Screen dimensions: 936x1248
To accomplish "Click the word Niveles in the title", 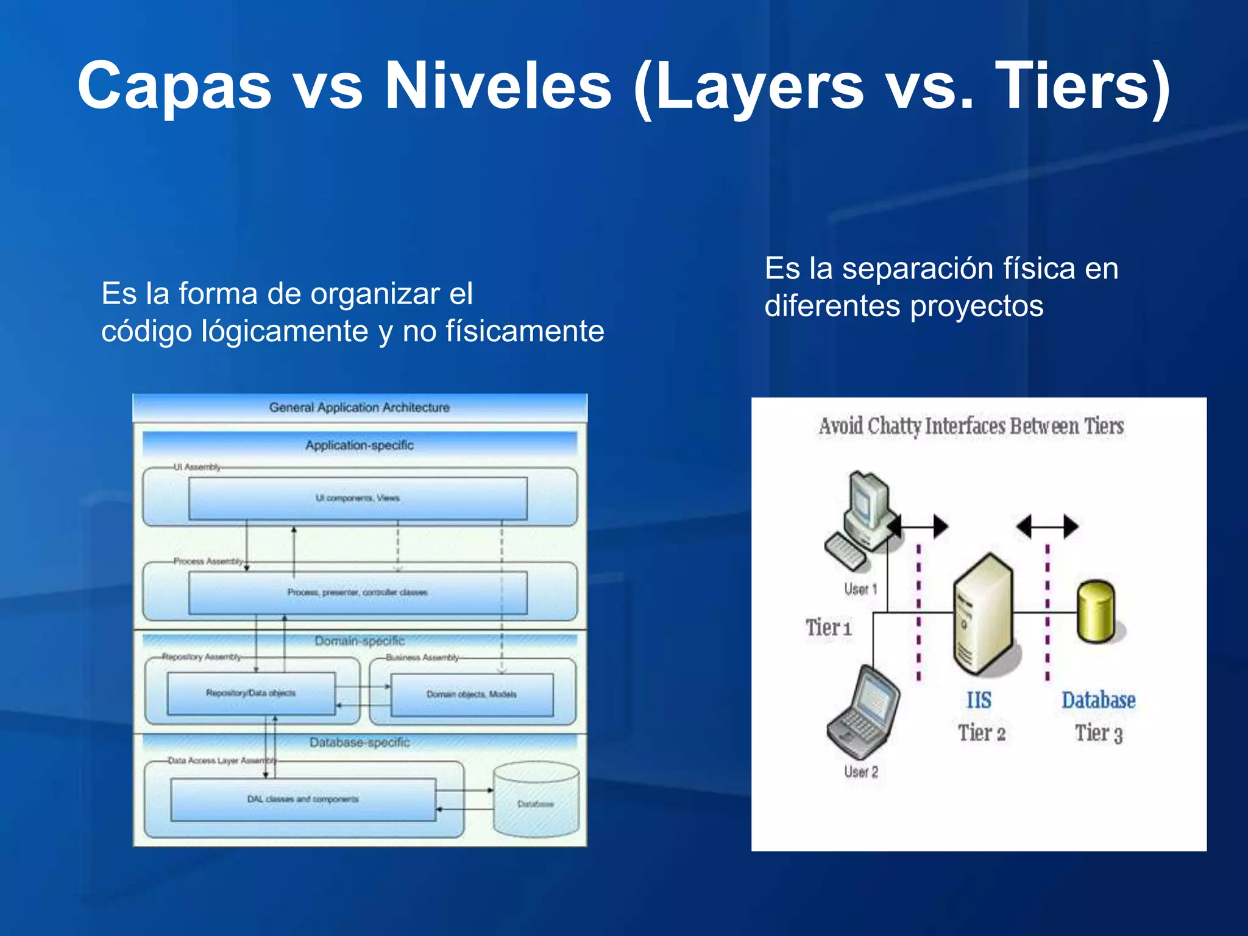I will (498, 87).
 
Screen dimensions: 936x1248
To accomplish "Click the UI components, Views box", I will (358, 498).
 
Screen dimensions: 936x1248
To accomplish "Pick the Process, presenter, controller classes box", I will (358, 592).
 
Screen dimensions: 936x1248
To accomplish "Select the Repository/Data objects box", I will (251, 693).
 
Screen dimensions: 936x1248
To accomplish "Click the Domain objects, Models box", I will (472, 695).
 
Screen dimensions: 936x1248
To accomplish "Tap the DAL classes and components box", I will (303, 799).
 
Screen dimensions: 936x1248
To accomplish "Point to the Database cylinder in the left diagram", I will (536, 801).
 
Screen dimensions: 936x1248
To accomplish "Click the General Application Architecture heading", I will (360, 407).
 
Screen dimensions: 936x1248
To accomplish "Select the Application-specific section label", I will (360, 445).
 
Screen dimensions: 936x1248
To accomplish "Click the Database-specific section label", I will (360, 742).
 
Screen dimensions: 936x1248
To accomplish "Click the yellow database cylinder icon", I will (1096, 612).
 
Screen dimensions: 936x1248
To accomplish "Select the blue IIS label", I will (979, 700).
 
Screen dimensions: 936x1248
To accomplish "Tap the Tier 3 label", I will (1098, 733).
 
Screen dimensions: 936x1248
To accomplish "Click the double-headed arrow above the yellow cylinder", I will (1048, 526).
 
